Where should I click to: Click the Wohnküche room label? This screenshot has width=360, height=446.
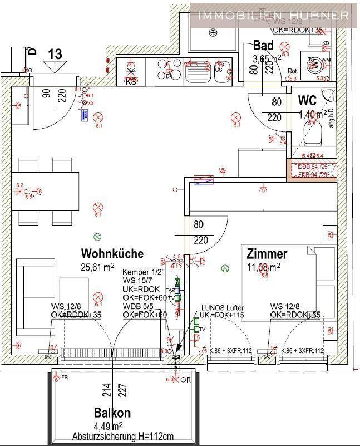(x=112, y=253)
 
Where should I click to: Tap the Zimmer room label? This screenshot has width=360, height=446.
(x=267, y=254)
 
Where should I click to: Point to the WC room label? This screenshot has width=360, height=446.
(x=307, y=101)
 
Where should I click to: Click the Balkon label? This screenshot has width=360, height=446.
(x=112, y=413)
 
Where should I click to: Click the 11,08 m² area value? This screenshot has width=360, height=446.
(x=263, y=266)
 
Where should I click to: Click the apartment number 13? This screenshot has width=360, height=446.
(x=55, y=54)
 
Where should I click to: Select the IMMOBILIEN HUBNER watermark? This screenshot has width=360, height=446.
(x=274, y=16)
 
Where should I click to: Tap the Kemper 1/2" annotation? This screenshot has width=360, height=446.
(x=141, y=272)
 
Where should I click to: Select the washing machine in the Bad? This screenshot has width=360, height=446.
(x=315, y=63)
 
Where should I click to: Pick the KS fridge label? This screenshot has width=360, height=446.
(x=131, y=82)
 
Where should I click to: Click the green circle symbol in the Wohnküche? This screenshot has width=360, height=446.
(x=98, y=236)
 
